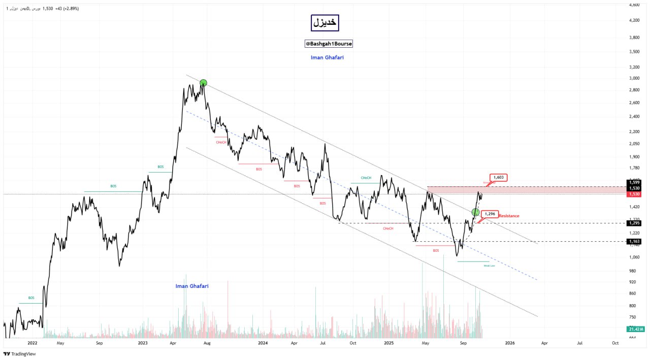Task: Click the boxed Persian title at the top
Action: click(x=324, y=23)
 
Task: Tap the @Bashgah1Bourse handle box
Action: click(x=329, y=44)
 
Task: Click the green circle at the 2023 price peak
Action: click(x=203, y=83)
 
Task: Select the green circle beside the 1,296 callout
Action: click(x=476, y=212)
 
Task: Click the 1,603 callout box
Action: click(x=498, y=177)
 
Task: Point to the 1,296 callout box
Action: click(x=490, y=214)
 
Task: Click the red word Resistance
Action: click(x=509, y=216)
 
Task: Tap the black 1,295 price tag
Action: click(x=634, y=223)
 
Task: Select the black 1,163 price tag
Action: click(x=634, y=241)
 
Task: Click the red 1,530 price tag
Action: click(x=634, y=194)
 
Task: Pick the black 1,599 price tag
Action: click(x=634, y=182)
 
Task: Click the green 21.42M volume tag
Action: click(x=635, y=330)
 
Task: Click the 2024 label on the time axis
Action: click(x=263, y=343)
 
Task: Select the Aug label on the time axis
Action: click(x=207, y=343)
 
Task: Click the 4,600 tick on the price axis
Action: click(x=634, y=5)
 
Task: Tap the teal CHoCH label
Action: click(x=366, y=178)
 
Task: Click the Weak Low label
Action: click(x=489, y=266)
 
